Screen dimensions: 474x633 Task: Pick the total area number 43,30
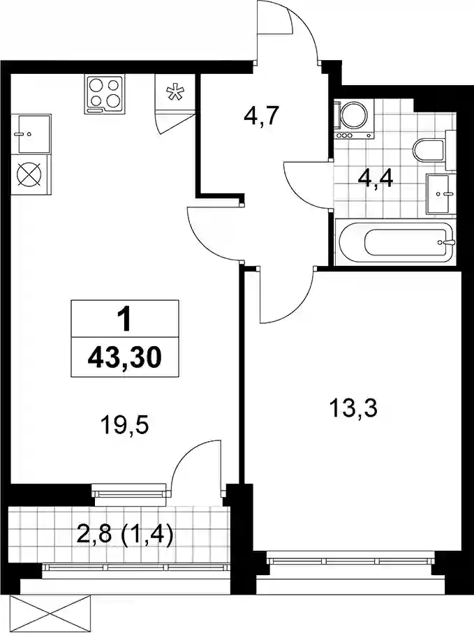tap(124, 359)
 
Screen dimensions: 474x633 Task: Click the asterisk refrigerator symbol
tap(175, 92)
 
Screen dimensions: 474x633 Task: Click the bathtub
tap(397, 243)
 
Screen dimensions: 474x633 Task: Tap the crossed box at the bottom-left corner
tap(54, 614)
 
